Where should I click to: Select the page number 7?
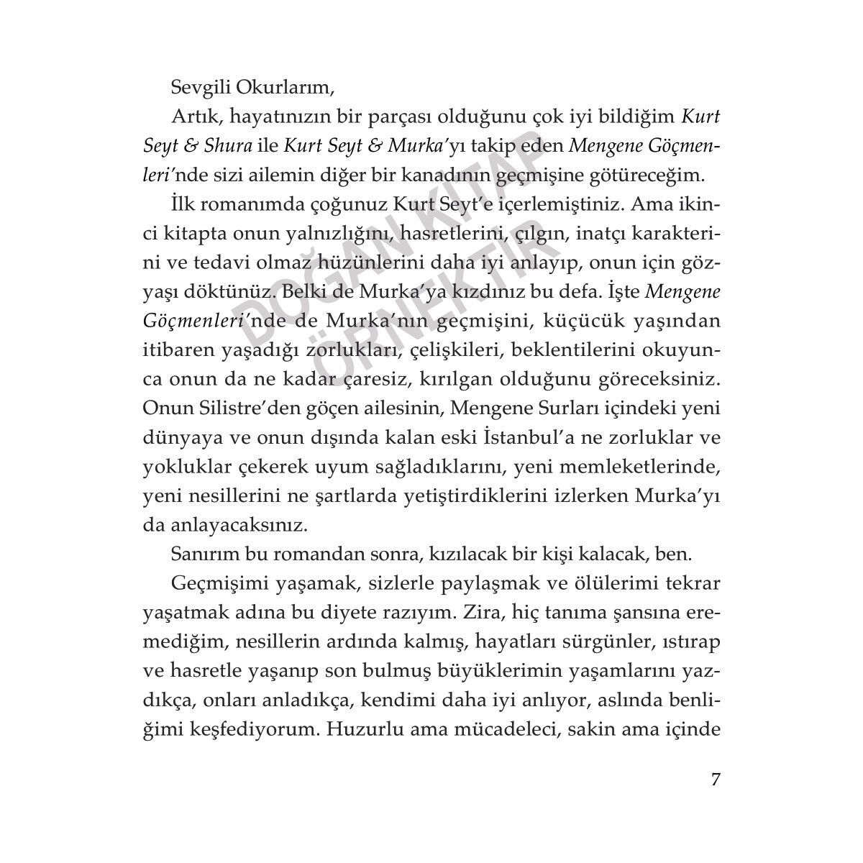pos(714,780)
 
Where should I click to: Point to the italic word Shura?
pos(227,145)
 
